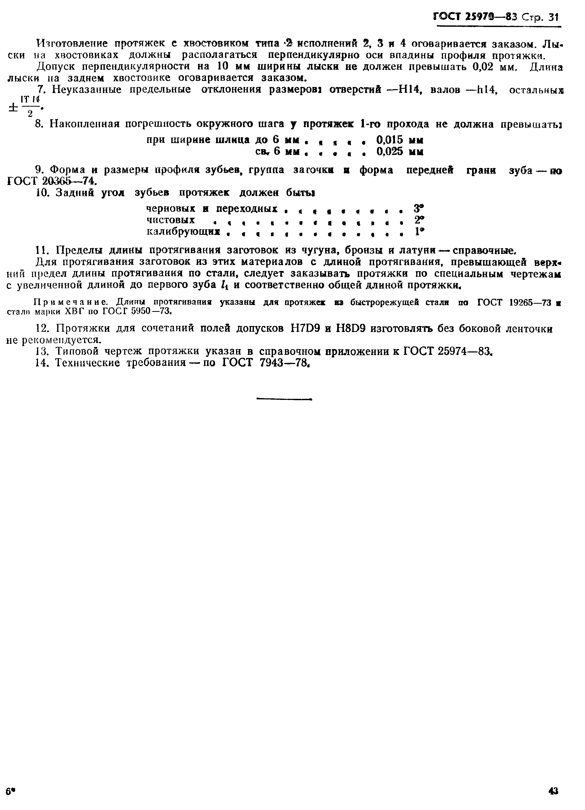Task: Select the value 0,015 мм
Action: (x=400, y=140)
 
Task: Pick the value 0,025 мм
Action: (x=400, y=152)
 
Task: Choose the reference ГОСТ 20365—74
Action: (x=52, y=181)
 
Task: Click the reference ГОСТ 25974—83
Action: (x=447, y=352)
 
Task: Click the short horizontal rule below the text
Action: (x=284, y=399)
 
